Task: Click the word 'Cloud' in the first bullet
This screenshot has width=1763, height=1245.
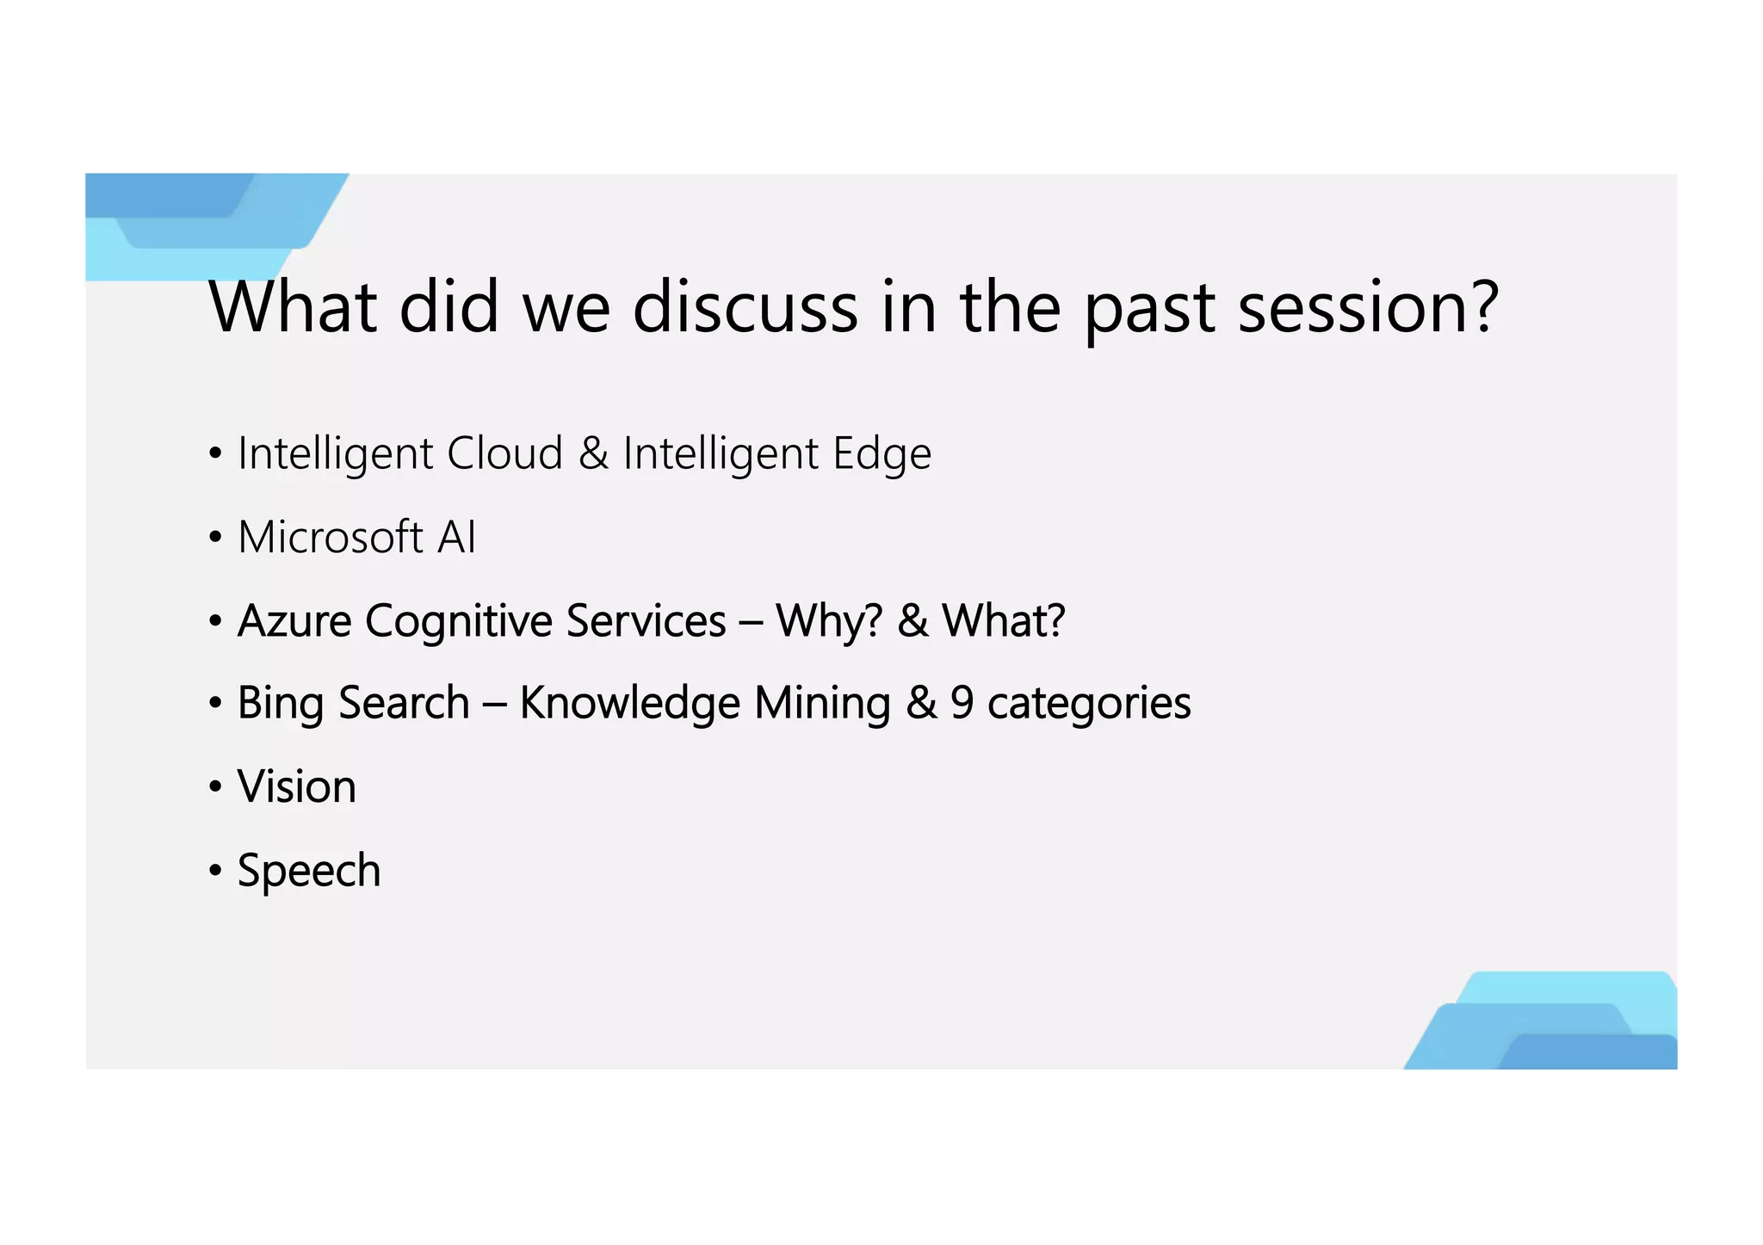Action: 504,453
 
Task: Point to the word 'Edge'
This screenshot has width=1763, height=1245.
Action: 881,455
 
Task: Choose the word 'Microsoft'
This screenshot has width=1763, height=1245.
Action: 330,538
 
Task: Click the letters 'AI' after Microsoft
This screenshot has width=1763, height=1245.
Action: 456,538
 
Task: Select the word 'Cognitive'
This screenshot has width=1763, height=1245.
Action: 459,621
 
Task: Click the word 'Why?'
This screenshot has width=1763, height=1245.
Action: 829,621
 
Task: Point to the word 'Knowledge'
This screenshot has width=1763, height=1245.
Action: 629,704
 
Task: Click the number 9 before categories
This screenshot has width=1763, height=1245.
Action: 962,704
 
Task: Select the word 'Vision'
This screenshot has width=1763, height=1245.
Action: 296,787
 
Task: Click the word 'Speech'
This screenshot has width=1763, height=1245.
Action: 308,871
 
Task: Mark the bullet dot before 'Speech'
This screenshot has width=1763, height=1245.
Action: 215,872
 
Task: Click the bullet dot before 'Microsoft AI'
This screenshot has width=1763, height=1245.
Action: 215,539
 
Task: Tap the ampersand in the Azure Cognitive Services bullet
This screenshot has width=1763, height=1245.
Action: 912,621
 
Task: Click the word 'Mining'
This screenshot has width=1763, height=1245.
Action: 822,704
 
